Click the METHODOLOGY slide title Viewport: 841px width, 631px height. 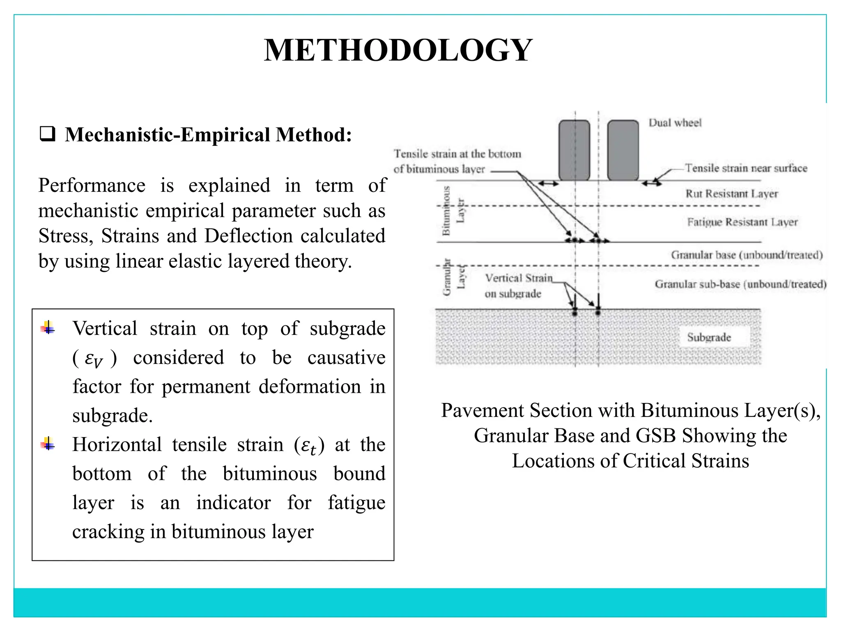pyautogui.click(x=398, y=50)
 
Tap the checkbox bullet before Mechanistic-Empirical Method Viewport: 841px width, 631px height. pyautogui.click(x=48, y=135)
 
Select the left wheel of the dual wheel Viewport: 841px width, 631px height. pyautogui.click(x=574, y=150)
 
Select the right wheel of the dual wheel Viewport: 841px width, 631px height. pyautogui.click(x=623, y=150)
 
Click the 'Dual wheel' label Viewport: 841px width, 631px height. pyautogui.click(x=675, y=122)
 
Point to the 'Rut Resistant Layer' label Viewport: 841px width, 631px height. pyautogui.click(x=731, y=193)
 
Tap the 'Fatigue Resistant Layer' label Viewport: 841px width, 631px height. pyautogui.click(x=742, y=222)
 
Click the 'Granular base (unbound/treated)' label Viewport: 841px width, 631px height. pyautogui.click(x=747, y=255)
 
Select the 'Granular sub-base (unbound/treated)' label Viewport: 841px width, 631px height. pyautogui.click(x=740, y=284)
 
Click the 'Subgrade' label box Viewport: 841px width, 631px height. pyautogui.click(x=709, y=337)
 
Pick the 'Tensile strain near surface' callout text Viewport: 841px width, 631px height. pyautogui.click(x=746, y=168)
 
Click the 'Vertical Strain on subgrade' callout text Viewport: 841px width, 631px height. pyautogui.click(x=518, y=286)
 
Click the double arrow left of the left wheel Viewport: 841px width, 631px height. pyautogui.click(x=548, y=184)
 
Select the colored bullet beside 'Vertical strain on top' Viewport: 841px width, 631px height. pyautogui.click(x=48, y=327)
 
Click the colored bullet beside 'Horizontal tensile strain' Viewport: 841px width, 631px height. pyautogui.click(x=48, y=444)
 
